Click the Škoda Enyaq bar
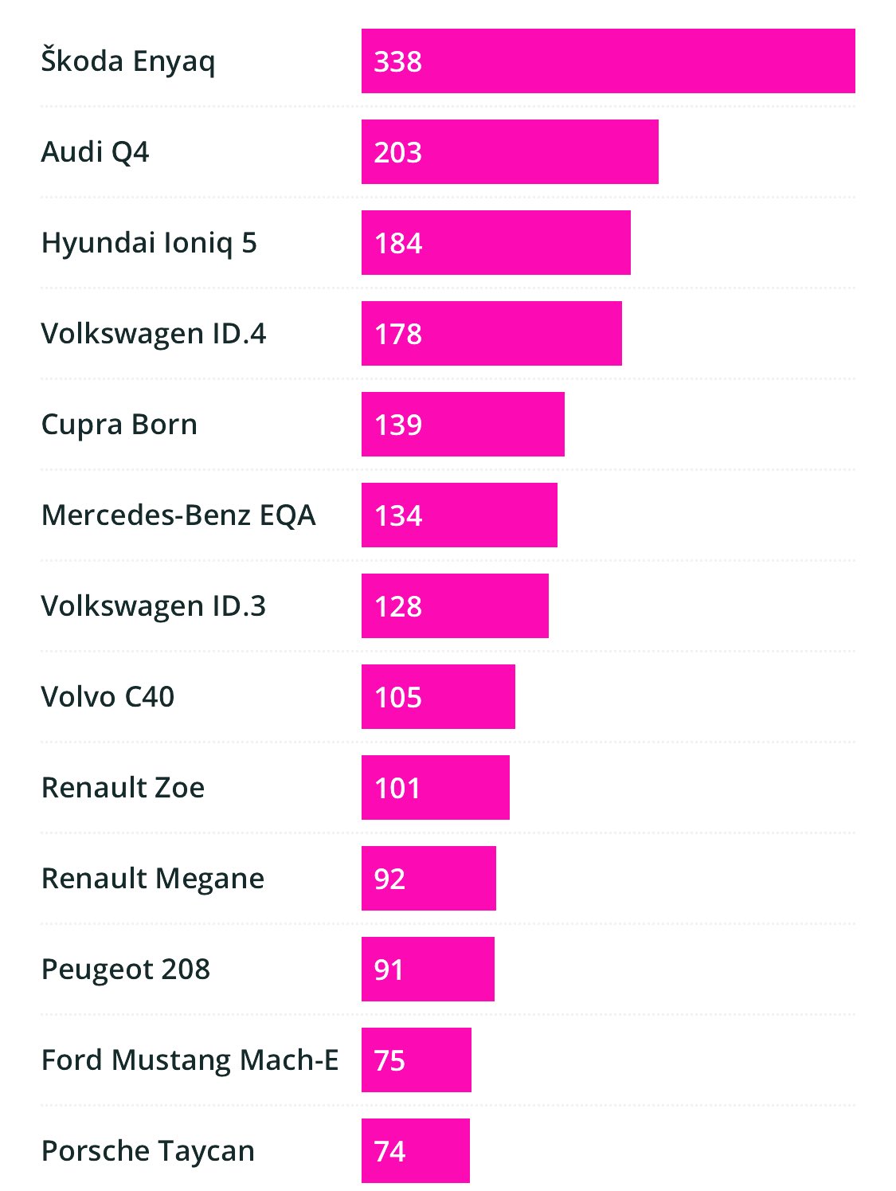tap(608, 61)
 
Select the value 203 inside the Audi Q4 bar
tap(397, 152)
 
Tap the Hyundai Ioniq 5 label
tap(149, 243)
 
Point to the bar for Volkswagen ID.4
tap(491, 334)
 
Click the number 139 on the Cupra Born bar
tap(397, 425)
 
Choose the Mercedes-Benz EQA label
tap(178, 515)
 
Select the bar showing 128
tap(455, 606)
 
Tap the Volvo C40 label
tap(108, 697)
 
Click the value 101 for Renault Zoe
tap(397, 788)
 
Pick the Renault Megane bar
tap(428, 879)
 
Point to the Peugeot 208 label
tap(126, 970)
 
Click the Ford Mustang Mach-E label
tap(190, 1060)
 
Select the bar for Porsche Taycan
tap(415, 1151)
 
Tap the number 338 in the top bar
tap(397, 61)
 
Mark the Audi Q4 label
tap(95, 152)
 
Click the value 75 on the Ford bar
tap(389, 1060)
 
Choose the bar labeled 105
tap(438, 697)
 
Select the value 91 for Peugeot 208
tap(389, 970)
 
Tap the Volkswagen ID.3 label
tap(153, 606)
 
